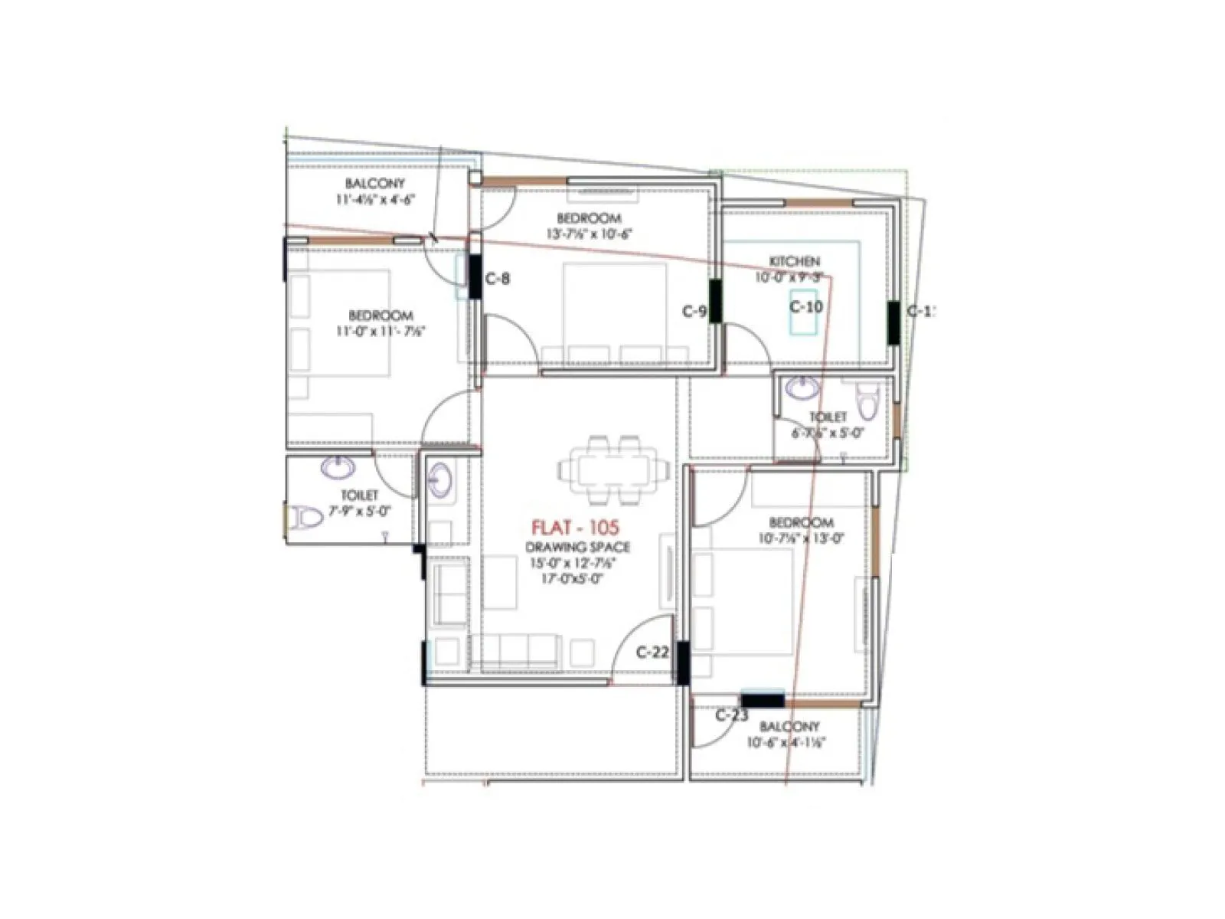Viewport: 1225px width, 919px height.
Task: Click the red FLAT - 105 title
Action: click(x=574, y=528)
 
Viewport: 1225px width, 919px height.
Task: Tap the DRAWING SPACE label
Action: click(x=578, y=547)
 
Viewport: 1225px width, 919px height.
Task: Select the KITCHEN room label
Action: click(x=795, y=262)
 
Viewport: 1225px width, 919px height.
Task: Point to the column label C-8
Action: click(x=498, y=279)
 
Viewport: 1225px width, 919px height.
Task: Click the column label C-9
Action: click(x=694, y=311)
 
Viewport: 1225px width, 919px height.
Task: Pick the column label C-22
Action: click(x=652, y=652)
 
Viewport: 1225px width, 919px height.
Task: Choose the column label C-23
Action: click(x=731, y=715)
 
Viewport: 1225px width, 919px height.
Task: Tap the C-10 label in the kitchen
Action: click(x=806, y=307)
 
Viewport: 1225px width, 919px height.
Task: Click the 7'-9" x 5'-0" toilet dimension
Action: click(x=360, y=511)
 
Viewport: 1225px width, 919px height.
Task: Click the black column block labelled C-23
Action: click(x=763, y=700)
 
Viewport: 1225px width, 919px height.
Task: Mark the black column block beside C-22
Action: click(x=681, y=663)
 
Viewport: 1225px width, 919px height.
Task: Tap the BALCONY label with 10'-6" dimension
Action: click(x=789, y=726)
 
